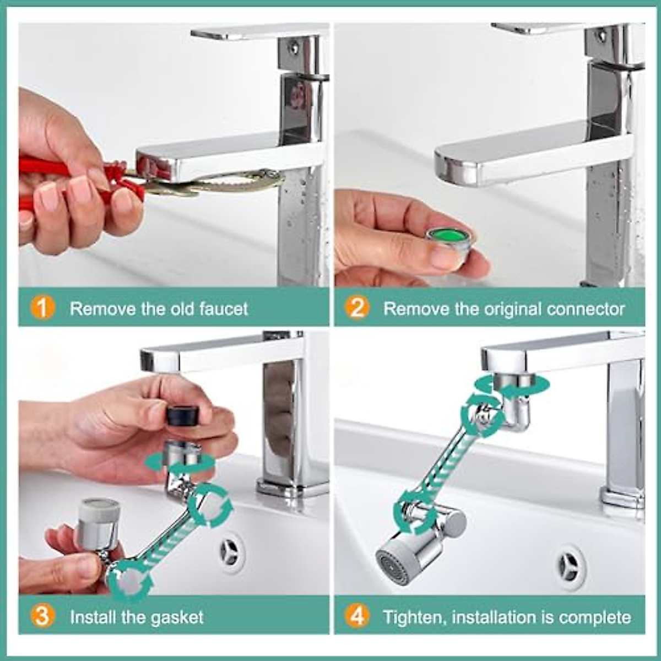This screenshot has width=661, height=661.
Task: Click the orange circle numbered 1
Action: pyautogui.click(x=42, y=308)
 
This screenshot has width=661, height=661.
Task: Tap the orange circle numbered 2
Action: pyautogui.click(x=357, y=308)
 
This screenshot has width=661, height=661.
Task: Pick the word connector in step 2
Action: pyautogui.click(x=586, y=308)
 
